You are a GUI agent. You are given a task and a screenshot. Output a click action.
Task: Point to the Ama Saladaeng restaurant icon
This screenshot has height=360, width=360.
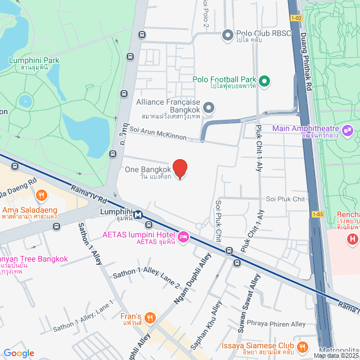[x=40, y=196]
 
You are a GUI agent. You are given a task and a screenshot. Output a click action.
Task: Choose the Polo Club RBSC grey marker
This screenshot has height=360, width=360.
[x=228, y=35]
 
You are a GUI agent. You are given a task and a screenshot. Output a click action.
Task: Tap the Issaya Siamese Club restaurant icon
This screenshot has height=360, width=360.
[x=303, y=346]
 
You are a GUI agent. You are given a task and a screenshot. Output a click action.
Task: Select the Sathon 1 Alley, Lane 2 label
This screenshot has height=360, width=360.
[x=146, y=278]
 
